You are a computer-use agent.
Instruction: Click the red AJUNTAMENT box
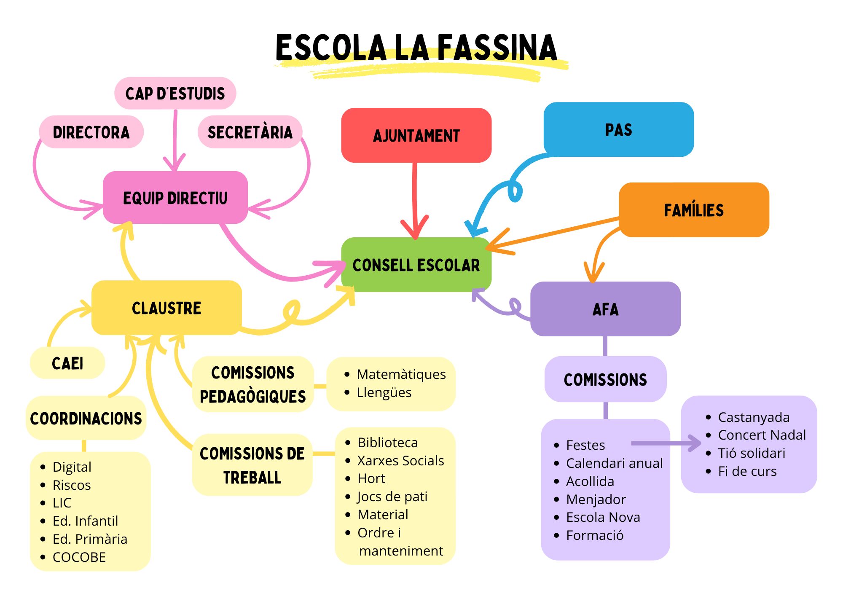click(416, 135)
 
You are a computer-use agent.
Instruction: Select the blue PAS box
click(618, 129)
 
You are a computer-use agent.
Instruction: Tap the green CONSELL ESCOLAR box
click(416, 265)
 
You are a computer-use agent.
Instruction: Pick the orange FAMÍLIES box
click(694, 210)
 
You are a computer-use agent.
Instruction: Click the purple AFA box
click(605, 309)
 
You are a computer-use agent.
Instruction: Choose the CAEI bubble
click(67, 363)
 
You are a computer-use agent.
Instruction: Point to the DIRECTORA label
click(91, 132)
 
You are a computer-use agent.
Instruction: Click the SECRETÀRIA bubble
click(250, 132)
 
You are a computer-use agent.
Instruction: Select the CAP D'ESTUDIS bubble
click(175, 93)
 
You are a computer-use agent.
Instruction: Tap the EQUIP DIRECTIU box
click(175, 198)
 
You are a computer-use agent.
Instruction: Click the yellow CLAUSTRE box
click(166, 308)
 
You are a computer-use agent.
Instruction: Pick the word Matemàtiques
click(401, 374)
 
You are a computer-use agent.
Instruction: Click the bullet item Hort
click(371, 478)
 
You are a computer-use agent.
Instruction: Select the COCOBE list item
click(79, 557)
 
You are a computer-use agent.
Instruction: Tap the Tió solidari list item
click(752, 453)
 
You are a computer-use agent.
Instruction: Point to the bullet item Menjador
click(596, 499)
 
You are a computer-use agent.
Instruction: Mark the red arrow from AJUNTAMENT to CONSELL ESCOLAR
click(415, 194)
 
